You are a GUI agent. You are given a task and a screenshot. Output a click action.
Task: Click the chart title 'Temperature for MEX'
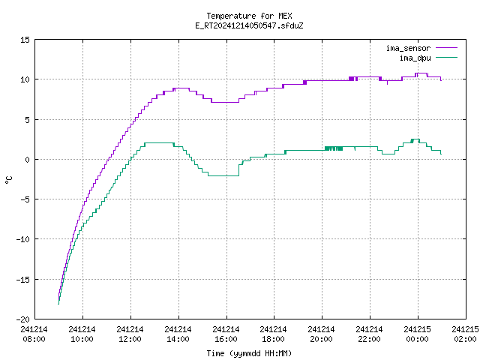(249, 16)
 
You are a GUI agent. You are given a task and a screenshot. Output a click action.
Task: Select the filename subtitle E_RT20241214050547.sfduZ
(249, 25)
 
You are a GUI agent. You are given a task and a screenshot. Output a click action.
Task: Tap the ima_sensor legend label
(408, 48)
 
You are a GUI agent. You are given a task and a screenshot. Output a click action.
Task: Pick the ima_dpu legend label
(415, 58)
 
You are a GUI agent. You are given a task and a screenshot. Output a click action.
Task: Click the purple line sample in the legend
(447, 48)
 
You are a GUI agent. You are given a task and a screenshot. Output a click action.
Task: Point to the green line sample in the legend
(447, 57)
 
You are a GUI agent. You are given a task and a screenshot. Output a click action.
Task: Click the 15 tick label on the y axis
(25, 40)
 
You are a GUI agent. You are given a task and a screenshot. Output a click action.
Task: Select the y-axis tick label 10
(25, 79)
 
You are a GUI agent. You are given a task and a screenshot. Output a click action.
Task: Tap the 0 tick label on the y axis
(28, 160)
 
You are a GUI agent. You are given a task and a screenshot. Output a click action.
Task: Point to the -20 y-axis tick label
(23, 319)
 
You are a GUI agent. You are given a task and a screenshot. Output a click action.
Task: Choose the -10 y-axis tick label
(23, 239)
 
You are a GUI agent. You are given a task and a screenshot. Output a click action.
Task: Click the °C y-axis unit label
(8, 180)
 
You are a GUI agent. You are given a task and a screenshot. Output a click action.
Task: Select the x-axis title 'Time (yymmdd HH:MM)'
(249, 353)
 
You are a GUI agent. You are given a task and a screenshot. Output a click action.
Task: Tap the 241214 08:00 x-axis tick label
(34, 334)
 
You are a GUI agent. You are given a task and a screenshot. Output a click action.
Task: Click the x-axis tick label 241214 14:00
(178, 334)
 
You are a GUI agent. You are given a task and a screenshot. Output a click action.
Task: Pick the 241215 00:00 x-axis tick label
(417, 334)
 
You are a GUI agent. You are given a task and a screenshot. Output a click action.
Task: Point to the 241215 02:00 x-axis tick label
(466, 334)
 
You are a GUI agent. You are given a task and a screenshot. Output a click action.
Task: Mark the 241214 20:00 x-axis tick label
(322, 334)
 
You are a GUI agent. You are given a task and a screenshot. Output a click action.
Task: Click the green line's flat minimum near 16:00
(223, 175)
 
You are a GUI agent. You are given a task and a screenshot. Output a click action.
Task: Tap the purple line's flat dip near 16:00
(225, 102)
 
